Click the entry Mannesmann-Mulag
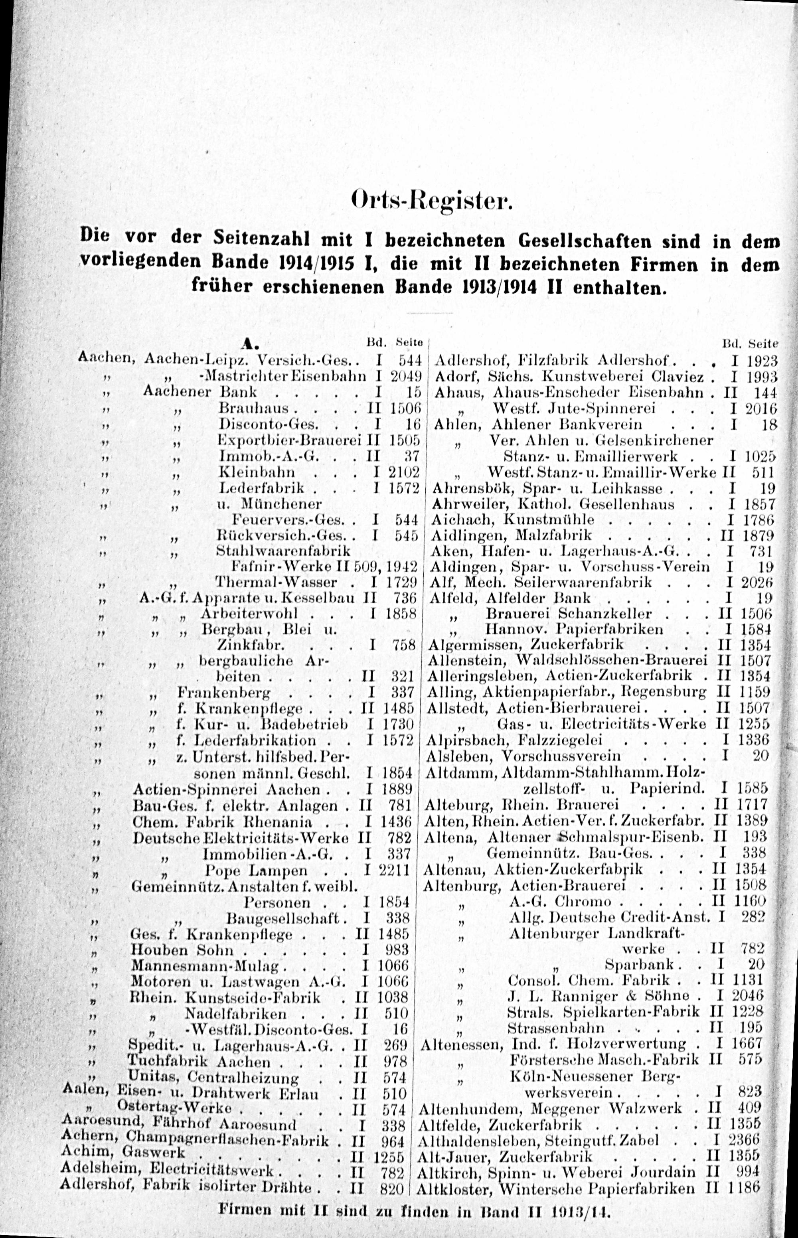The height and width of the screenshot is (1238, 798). click(x=205, y=966)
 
